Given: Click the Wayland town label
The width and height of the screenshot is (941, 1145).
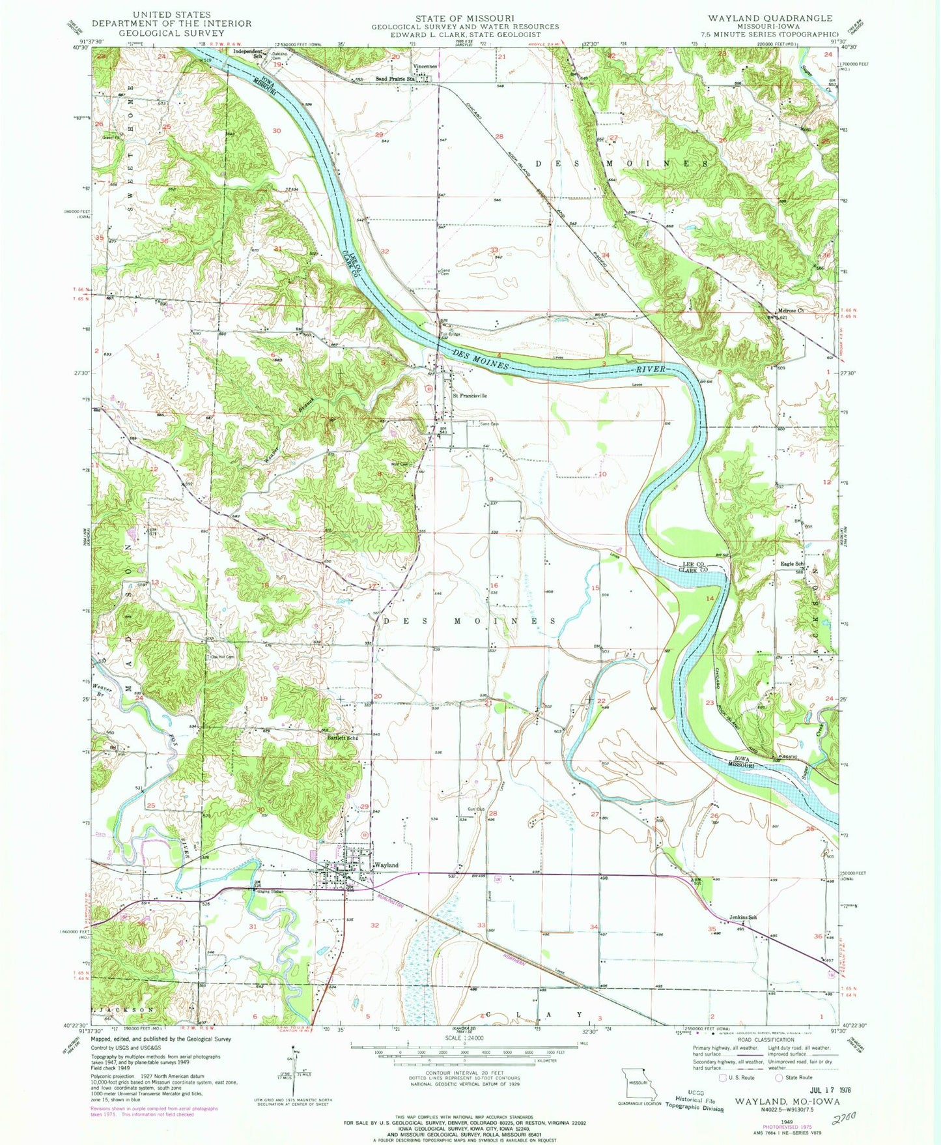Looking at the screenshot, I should (x=387, y=865).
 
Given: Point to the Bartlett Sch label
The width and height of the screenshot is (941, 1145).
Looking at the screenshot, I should (x=344, y=738).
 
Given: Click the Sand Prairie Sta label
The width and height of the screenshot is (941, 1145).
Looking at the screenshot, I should (x=395, y=78).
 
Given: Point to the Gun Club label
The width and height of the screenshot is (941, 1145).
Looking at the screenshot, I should (x=476, y=809).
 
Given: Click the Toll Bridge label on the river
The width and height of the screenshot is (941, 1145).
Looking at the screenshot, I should (x=450, y=334).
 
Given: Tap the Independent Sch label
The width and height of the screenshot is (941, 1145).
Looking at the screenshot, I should (x=247, y=51).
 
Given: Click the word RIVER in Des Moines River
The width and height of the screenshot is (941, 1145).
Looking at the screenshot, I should (x=651, y=369).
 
